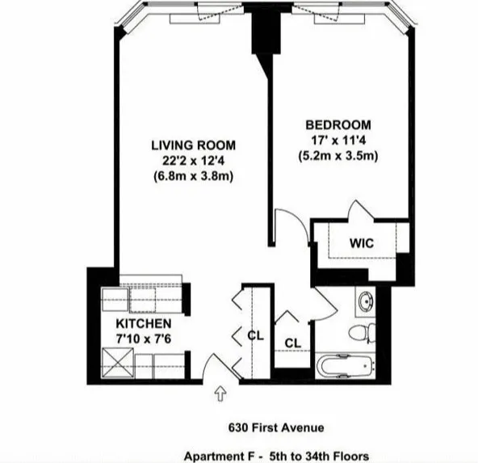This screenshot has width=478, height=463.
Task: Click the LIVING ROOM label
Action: click(x=193, y=145)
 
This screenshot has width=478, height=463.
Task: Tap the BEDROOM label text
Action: click(x=338, y=124)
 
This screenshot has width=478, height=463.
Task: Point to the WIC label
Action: click(x=361, y=242)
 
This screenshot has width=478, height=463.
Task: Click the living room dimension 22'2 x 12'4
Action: click(x=194, y=161)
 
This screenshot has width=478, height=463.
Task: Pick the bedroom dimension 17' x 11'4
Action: click(x=338, y=140)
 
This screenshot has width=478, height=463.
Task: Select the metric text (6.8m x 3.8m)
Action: click(x=193, y=176)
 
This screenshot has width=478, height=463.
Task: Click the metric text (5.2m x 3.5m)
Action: click(x=338, y=154)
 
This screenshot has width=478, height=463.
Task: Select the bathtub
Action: click(x=346, y=365)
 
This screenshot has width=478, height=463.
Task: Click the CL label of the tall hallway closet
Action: click(x=255, y=335)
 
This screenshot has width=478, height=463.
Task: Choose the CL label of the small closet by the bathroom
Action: click(x=292, y=343)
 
